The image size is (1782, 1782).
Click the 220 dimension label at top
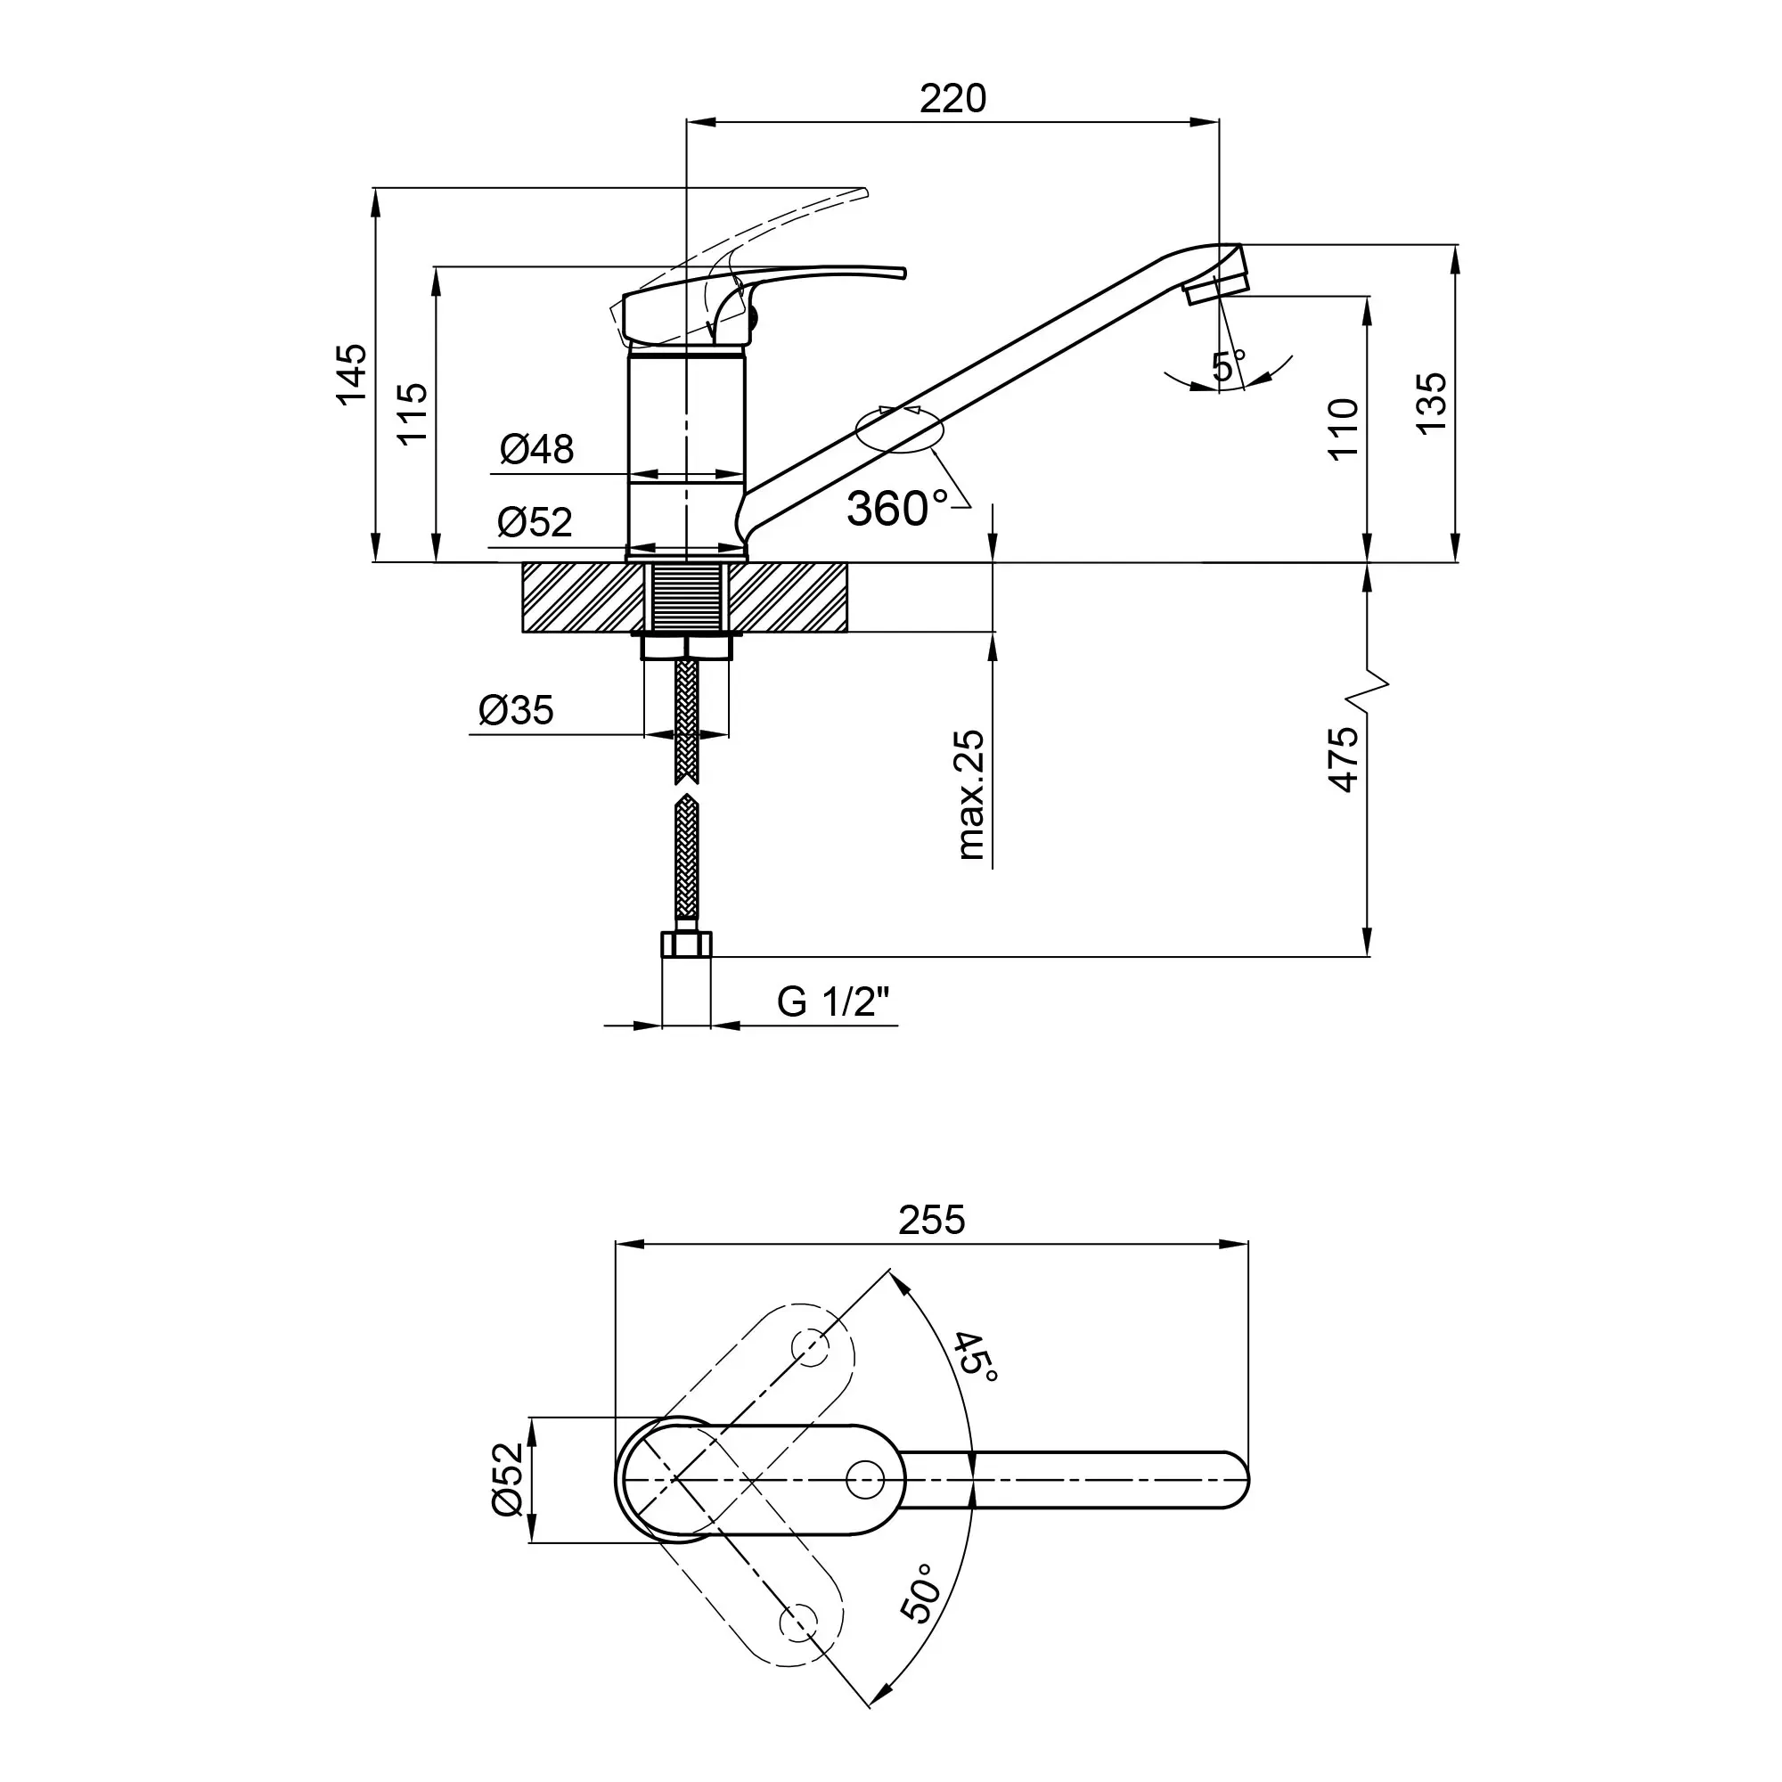pyautogui.click(x=952, y=99)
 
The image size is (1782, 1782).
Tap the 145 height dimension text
pyautogui.click(x=351, y=373)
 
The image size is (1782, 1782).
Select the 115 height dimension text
pyautogui.click(x=414, y=413)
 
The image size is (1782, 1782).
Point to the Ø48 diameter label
pyautogui.click(x=536, y=450)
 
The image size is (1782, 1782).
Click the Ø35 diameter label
pyautogui.click(x=517, y=710)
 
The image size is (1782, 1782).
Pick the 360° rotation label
pyautogui.click(x=897, y=508)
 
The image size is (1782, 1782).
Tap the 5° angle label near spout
pyautogui.click(x=1228, y=365)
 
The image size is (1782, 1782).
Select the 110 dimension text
pyautogui.click(x=1344, y=428)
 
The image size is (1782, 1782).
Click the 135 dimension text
pyautogui.click(x=1433, y=403)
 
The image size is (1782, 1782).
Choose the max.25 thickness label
pyautogui.click(x=971, y=795)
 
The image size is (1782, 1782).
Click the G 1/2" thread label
pyautogui.click(x=834, y=1001)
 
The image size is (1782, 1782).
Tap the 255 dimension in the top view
pyautogui.click(x=932, y=1221)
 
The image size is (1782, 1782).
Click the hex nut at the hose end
pyautogui.click(x=686, y=944)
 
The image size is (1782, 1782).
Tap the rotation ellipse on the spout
pyautogui.click(x=900, y=430)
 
